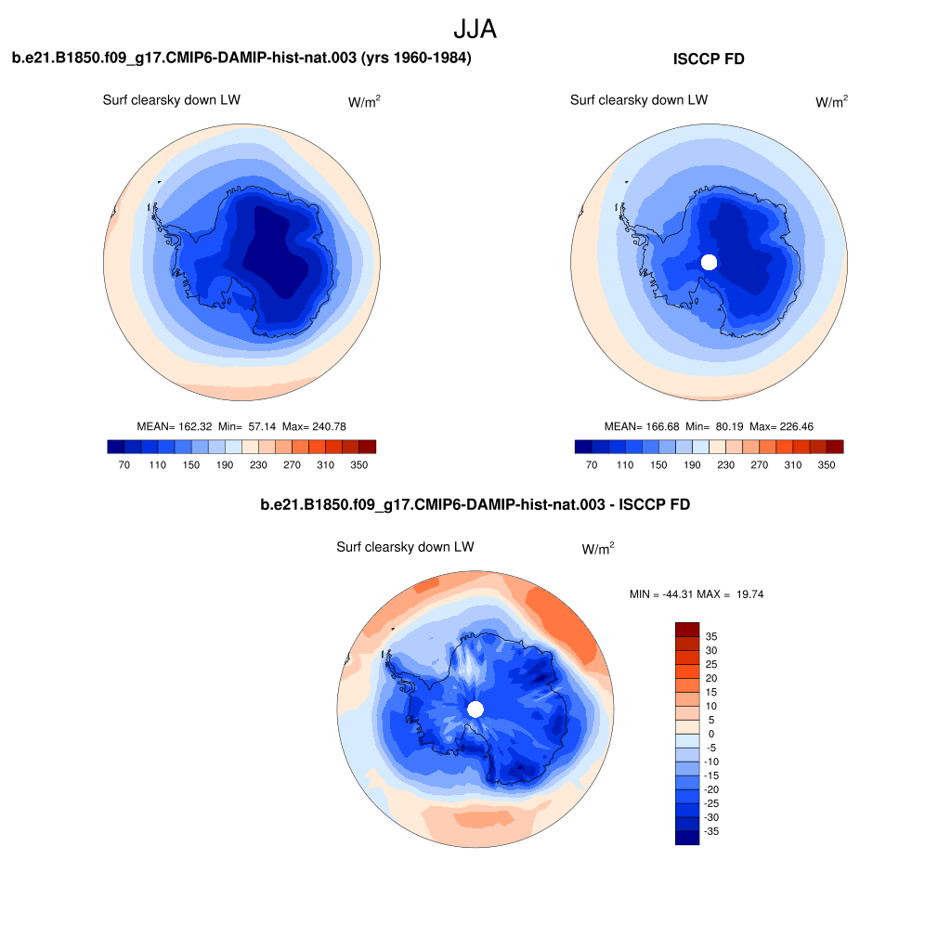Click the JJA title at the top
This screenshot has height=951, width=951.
pos(475,29)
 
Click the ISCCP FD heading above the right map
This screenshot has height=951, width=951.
pos(709,59)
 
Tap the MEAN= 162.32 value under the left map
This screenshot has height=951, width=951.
pos(175,426)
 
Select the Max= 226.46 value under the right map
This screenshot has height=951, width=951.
pos(781,426)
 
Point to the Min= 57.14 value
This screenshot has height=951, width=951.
pos(247,426)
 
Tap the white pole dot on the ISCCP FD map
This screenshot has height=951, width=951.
pos(709,262)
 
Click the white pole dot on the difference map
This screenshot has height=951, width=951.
pos(475,709)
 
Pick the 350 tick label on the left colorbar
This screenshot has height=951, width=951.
pos(359,464)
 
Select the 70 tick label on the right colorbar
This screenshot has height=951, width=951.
pos(592,464)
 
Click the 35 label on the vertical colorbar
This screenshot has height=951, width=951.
pos(711,636)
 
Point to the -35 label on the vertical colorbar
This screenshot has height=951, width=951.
pos(711,831)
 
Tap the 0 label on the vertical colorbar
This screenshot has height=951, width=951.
pos(711,734)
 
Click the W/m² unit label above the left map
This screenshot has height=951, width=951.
pos(364,101)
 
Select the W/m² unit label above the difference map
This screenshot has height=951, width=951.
pos(598,548)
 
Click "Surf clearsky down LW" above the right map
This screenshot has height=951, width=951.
pos(639,100)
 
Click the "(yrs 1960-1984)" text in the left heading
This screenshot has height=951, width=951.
pos(416,58)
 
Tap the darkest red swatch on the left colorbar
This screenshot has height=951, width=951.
pos(368,447)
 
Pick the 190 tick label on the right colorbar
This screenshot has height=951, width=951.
pos(692,464)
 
